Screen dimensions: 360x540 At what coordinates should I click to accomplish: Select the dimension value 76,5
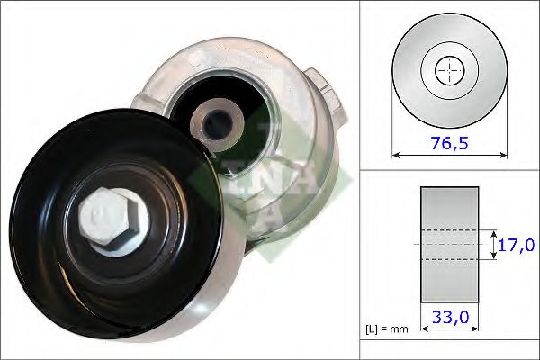tap(450, 144)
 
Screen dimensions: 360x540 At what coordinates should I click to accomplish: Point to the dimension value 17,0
tap(517, 243)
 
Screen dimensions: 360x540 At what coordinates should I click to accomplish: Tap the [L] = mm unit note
tap(389, 328)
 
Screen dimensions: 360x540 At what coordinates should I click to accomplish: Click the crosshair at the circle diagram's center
tap(449, 71)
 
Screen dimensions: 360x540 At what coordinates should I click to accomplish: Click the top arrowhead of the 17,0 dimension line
tap(494, 231)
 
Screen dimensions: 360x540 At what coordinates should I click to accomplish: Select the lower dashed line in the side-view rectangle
tap(449, 260)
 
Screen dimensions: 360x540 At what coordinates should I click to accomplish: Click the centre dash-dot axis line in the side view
tap(449, 244)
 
